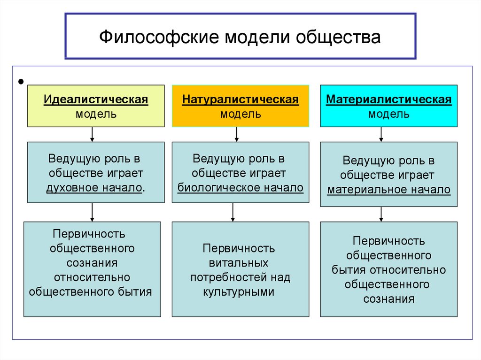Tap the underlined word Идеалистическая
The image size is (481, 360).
pos(96,100)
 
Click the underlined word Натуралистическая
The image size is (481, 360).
pos(240,100)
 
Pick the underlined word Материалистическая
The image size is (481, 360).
pos(388,100)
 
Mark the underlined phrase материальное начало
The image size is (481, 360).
pos(388,190)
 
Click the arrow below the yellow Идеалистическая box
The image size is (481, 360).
pos(93,135)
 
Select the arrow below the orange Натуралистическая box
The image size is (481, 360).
pos(237,135)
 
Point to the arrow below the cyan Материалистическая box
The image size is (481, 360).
pos(381,135)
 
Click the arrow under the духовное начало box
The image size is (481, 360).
pos(93,213)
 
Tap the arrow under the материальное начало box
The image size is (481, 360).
pos(381,214)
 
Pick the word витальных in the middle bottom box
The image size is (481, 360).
pos(240,263)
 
